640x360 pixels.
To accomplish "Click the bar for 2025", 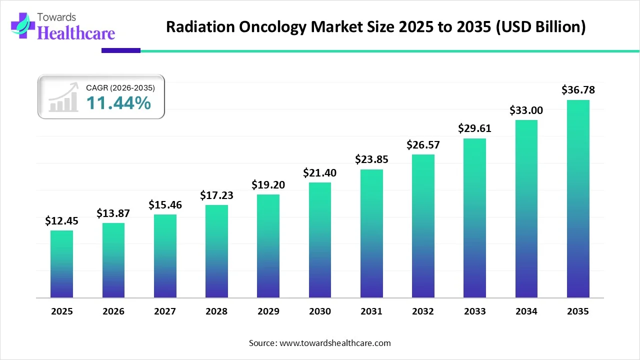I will [x=61, y=264].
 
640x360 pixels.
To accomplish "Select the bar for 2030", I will [x=319, y=240].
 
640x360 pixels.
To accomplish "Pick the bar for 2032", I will [x=423, y=226].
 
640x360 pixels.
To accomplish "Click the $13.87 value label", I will [x=113, y=213].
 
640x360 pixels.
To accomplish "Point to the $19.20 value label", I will [x=268, y=185].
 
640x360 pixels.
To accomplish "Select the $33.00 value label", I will [x=526, y=110].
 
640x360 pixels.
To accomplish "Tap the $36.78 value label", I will [x=578, y=90].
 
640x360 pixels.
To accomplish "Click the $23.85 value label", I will [x=371, y=159].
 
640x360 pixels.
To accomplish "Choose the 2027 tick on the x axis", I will [x=165, y=311].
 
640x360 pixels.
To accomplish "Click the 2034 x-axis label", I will [x=526, y=311].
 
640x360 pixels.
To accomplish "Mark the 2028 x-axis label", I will [x=216, y=311].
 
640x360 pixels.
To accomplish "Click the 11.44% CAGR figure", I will [x=118, y=103].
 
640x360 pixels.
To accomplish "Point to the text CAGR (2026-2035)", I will [x=120, y=87].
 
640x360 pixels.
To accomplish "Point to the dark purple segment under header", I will [x=120, y=50].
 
